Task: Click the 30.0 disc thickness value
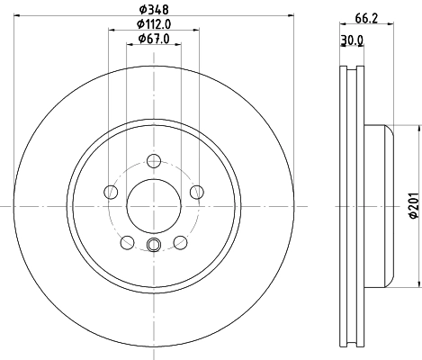pos(353,40)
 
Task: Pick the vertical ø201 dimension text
pos(413,205)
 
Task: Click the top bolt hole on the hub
pos(154,162)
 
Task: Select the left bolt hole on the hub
pos(112,192)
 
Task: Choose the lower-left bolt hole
pos(128,241)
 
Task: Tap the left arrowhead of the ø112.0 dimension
pos(112,29)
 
